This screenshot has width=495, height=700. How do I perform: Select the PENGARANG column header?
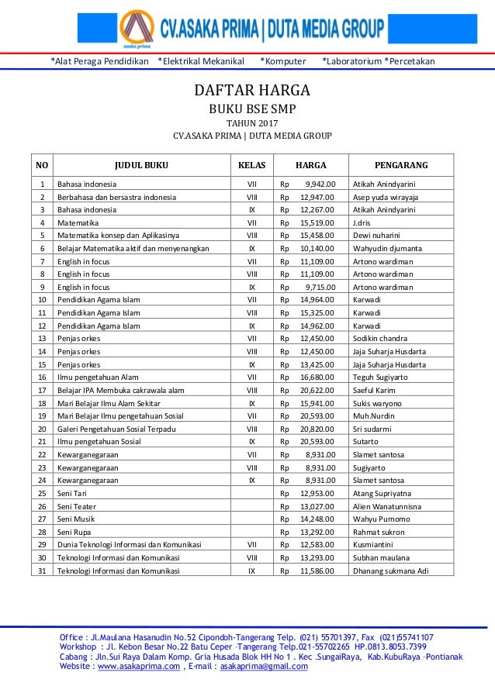pyautogui.click(x=401, y=165)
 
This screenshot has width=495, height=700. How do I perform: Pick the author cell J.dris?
pyautogui.click(x=361, y=222)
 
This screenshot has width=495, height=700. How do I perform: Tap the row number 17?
pyautogui.click(x=41, y=390)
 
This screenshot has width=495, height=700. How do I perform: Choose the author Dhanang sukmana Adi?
pyautogui.click(x=389, y=571)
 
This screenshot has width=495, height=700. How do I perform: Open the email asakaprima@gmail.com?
pyautogui.click(x=264, y=666)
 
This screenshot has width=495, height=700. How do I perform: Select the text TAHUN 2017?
pyautogui.click(x=251, y=122)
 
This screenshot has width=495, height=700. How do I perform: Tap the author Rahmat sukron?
pyautogui.click(x=378, y=532)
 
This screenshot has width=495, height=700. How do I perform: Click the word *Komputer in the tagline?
pyautogui.click(x=282, y=61)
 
